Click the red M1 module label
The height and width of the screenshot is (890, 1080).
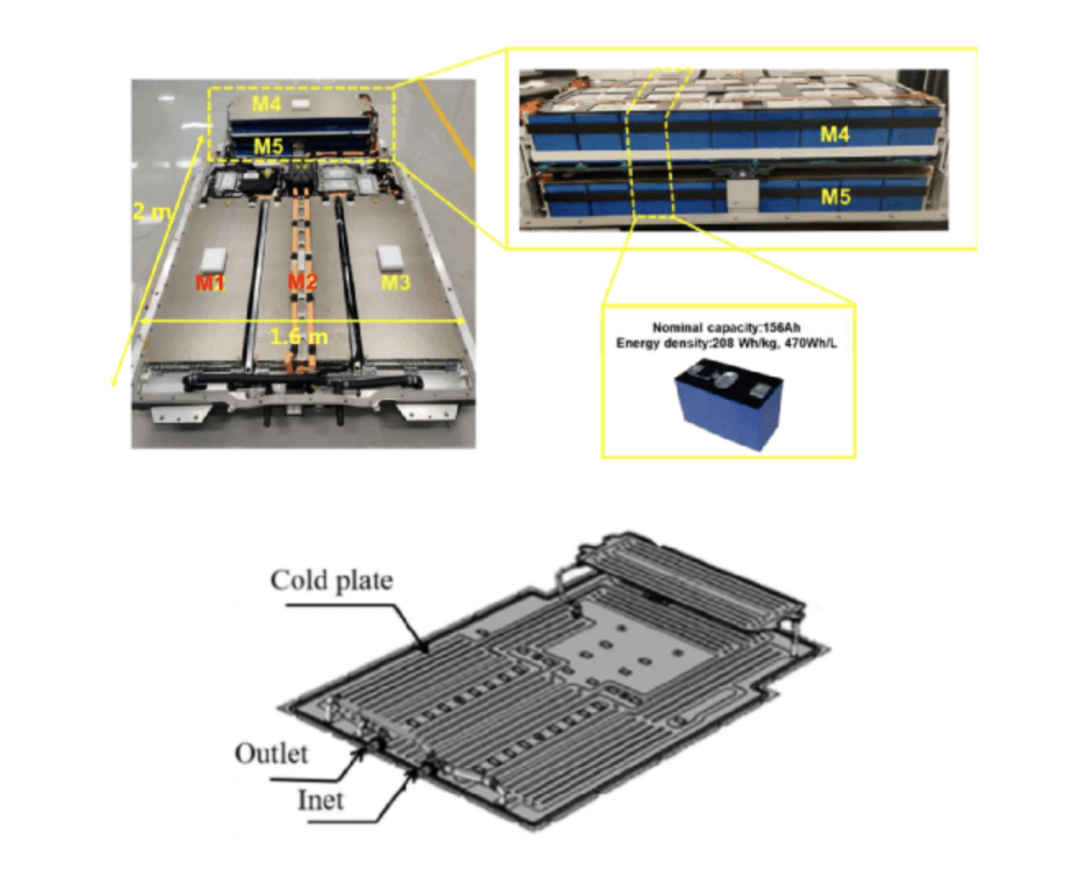pyautogui.click(x=209, y=282)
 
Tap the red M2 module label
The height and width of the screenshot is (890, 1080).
pyautogui.click(x=302, y=282)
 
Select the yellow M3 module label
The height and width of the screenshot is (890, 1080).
pyautogui.click(x=395, y=282)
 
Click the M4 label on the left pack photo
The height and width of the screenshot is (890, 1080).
pyautogui.click(x=267, y=104)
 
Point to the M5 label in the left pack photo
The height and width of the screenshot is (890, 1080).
pyautogui.click(x=268, y=146)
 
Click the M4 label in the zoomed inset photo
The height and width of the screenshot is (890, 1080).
pyautogui.click(x=835, y=134)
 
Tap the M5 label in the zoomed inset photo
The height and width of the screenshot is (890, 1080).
pyautogui.click(x=835, y=197)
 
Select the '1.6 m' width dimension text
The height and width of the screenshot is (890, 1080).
pyautogui.click(x=298, y=337)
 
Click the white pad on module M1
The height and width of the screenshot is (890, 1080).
pyautogui.click(x=213, y=260)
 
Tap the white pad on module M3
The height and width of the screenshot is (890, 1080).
pyautogui.click(x=391, y=256)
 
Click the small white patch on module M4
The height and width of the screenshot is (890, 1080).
pyautogui.click(x=301, y=104)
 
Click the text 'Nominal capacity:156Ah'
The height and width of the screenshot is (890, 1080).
pyautogui.click(x=727, y=328)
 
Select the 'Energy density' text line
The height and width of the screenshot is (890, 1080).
pyautogui.click(x=727, y=343)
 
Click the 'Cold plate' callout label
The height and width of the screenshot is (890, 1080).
pyautogui.click(x=331, y=581)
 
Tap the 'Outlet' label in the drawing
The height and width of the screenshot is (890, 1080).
pyautogui.click(x=271, y=754)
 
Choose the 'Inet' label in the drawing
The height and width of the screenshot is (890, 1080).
pyautogui.click(x=320, y=800)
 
